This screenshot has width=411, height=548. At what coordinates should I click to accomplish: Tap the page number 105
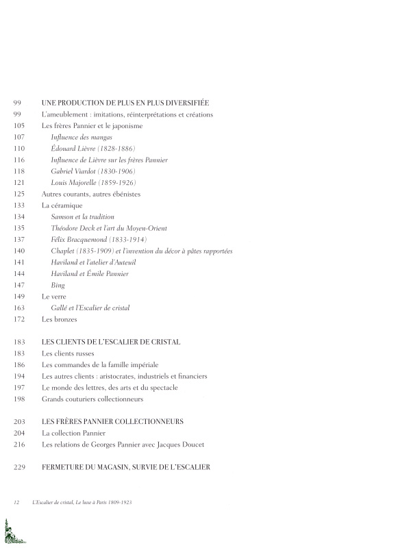coord(18,125)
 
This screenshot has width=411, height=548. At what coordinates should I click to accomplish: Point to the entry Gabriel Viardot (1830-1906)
coord(92,171)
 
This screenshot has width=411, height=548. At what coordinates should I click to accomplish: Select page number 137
coord(18,239)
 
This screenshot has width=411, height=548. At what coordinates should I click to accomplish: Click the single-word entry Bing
coord(58,284)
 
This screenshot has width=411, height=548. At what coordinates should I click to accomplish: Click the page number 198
coord(18,399)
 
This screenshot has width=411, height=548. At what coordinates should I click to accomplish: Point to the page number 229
coord(18,467)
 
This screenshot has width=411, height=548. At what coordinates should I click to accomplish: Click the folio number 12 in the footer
coord(16,502)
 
